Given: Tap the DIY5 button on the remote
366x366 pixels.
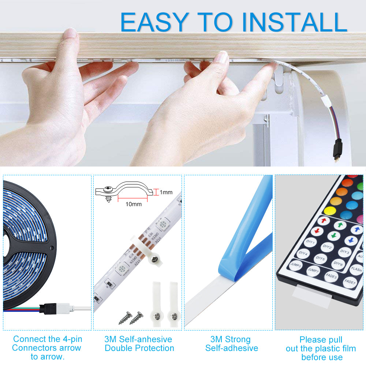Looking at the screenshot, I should (x=320, y=259).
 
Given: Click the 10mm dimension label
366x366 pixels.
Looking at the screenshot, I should (x=133, y=204).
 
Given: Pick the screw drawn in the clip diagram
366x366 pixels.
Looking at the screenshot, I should (x=108, y=192).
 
